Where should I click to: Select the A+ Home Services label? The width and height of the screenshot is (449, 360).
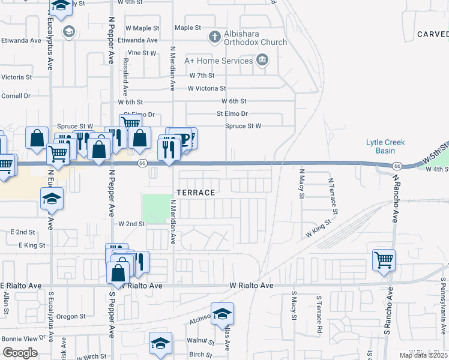[218, 61]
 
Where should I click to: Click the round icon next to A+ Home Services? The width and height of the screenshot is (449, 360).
[262, 60]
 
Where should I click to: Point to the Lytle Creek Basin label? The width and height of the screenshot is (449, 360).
[386, 146]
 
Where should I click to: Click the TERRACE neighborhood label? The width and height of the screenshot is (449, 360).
[196, 193]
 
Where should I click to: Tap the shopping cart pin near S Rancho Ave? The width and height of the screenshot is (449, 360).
[384, 260]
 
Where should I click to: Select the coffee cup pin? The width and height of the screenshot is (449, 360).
[183, 139]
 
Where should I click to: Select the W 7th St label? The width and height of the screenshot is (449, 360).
[202, 76]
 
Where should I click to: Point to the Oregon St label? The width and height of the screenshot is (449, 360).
[72, 316]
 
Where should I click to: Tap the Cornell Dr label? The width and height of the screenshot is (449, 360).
[16, 95]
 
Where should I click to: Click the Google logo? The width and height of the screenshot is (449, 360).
[20, 353]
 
